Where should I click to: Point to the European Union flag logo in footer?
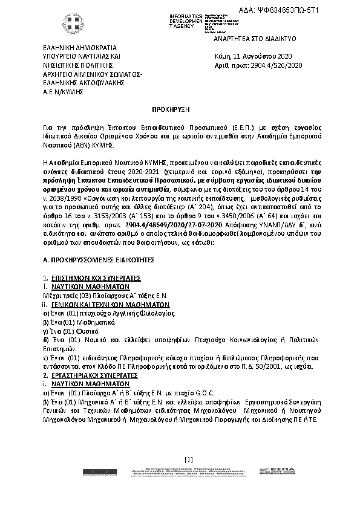tap(94, 476)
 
